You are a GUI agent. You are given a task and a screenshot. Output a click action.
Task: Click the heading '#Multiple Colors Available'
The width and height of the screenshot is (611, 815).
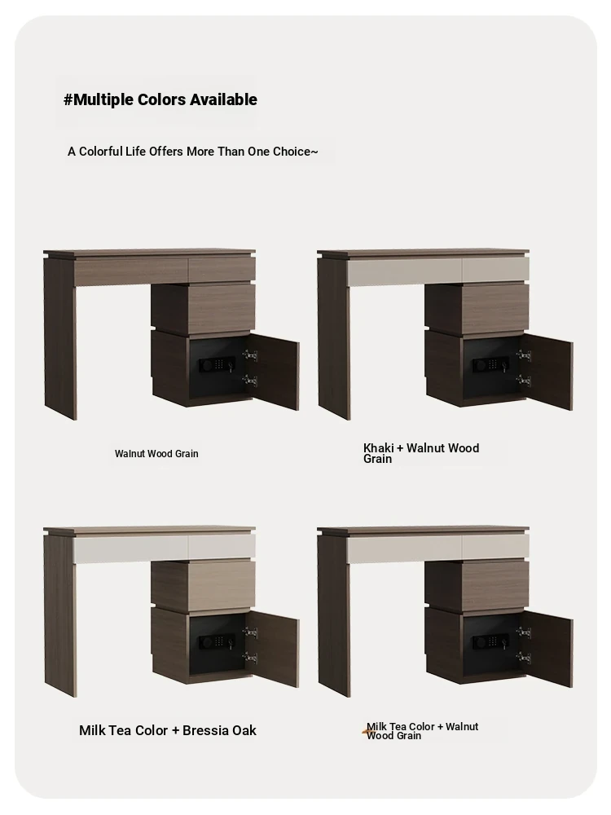(160, 99)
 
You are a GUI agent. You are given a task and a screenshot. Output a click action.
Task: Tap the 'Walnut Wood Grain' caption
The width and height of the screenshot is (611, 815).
(156, 454)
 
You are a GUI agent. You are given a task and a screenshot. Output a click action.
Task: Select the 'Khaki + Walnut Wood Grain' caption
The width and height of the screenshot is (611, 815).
(421, 453)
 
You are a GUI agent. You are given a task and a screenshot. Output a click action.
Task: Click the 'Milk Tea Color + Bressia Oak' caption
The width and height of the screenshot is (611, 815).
(167, 730)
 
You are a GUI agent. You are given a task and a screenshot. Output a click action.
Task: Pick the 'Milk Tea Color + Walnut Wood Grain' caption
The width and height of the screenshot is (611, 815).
(422, 731)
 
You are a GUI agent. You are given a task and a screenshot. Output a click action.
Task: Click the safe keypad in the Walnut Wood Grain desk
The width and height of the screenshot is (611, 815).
(220, 363)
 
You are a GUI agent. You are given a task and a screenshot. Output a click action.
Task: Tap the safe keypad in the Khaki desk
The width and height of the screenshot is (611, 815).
(494, 363)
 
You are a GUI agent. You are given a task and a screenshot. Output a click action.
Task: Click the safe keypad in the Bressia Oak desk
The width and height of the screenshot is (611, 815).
(220, 641)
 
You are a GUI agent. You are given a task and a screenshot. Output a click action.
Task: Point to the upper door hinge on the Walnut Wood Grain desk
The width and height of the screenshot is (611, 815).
(250, 355)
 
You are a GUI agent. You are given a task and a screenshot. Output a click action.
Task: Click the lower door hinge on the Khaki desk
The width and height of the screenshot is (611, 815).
(524, 381)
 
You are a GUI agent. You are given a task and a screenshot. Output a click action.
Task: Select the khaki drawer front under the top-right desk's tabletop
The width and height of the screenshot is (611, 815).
(438, 271)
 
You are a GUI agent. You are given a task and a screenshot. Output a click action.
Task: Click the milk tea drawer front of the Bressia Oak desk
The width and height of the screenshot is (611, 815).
(165, 548)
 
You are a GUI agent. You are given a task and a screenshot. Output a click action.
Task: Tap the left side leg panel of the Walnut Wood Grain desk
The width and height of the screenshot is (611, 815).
(60, 338)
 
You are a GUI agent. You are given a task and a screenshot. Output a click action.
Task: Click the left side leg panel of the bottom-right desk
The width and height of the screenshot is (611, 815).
(334, 615)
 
